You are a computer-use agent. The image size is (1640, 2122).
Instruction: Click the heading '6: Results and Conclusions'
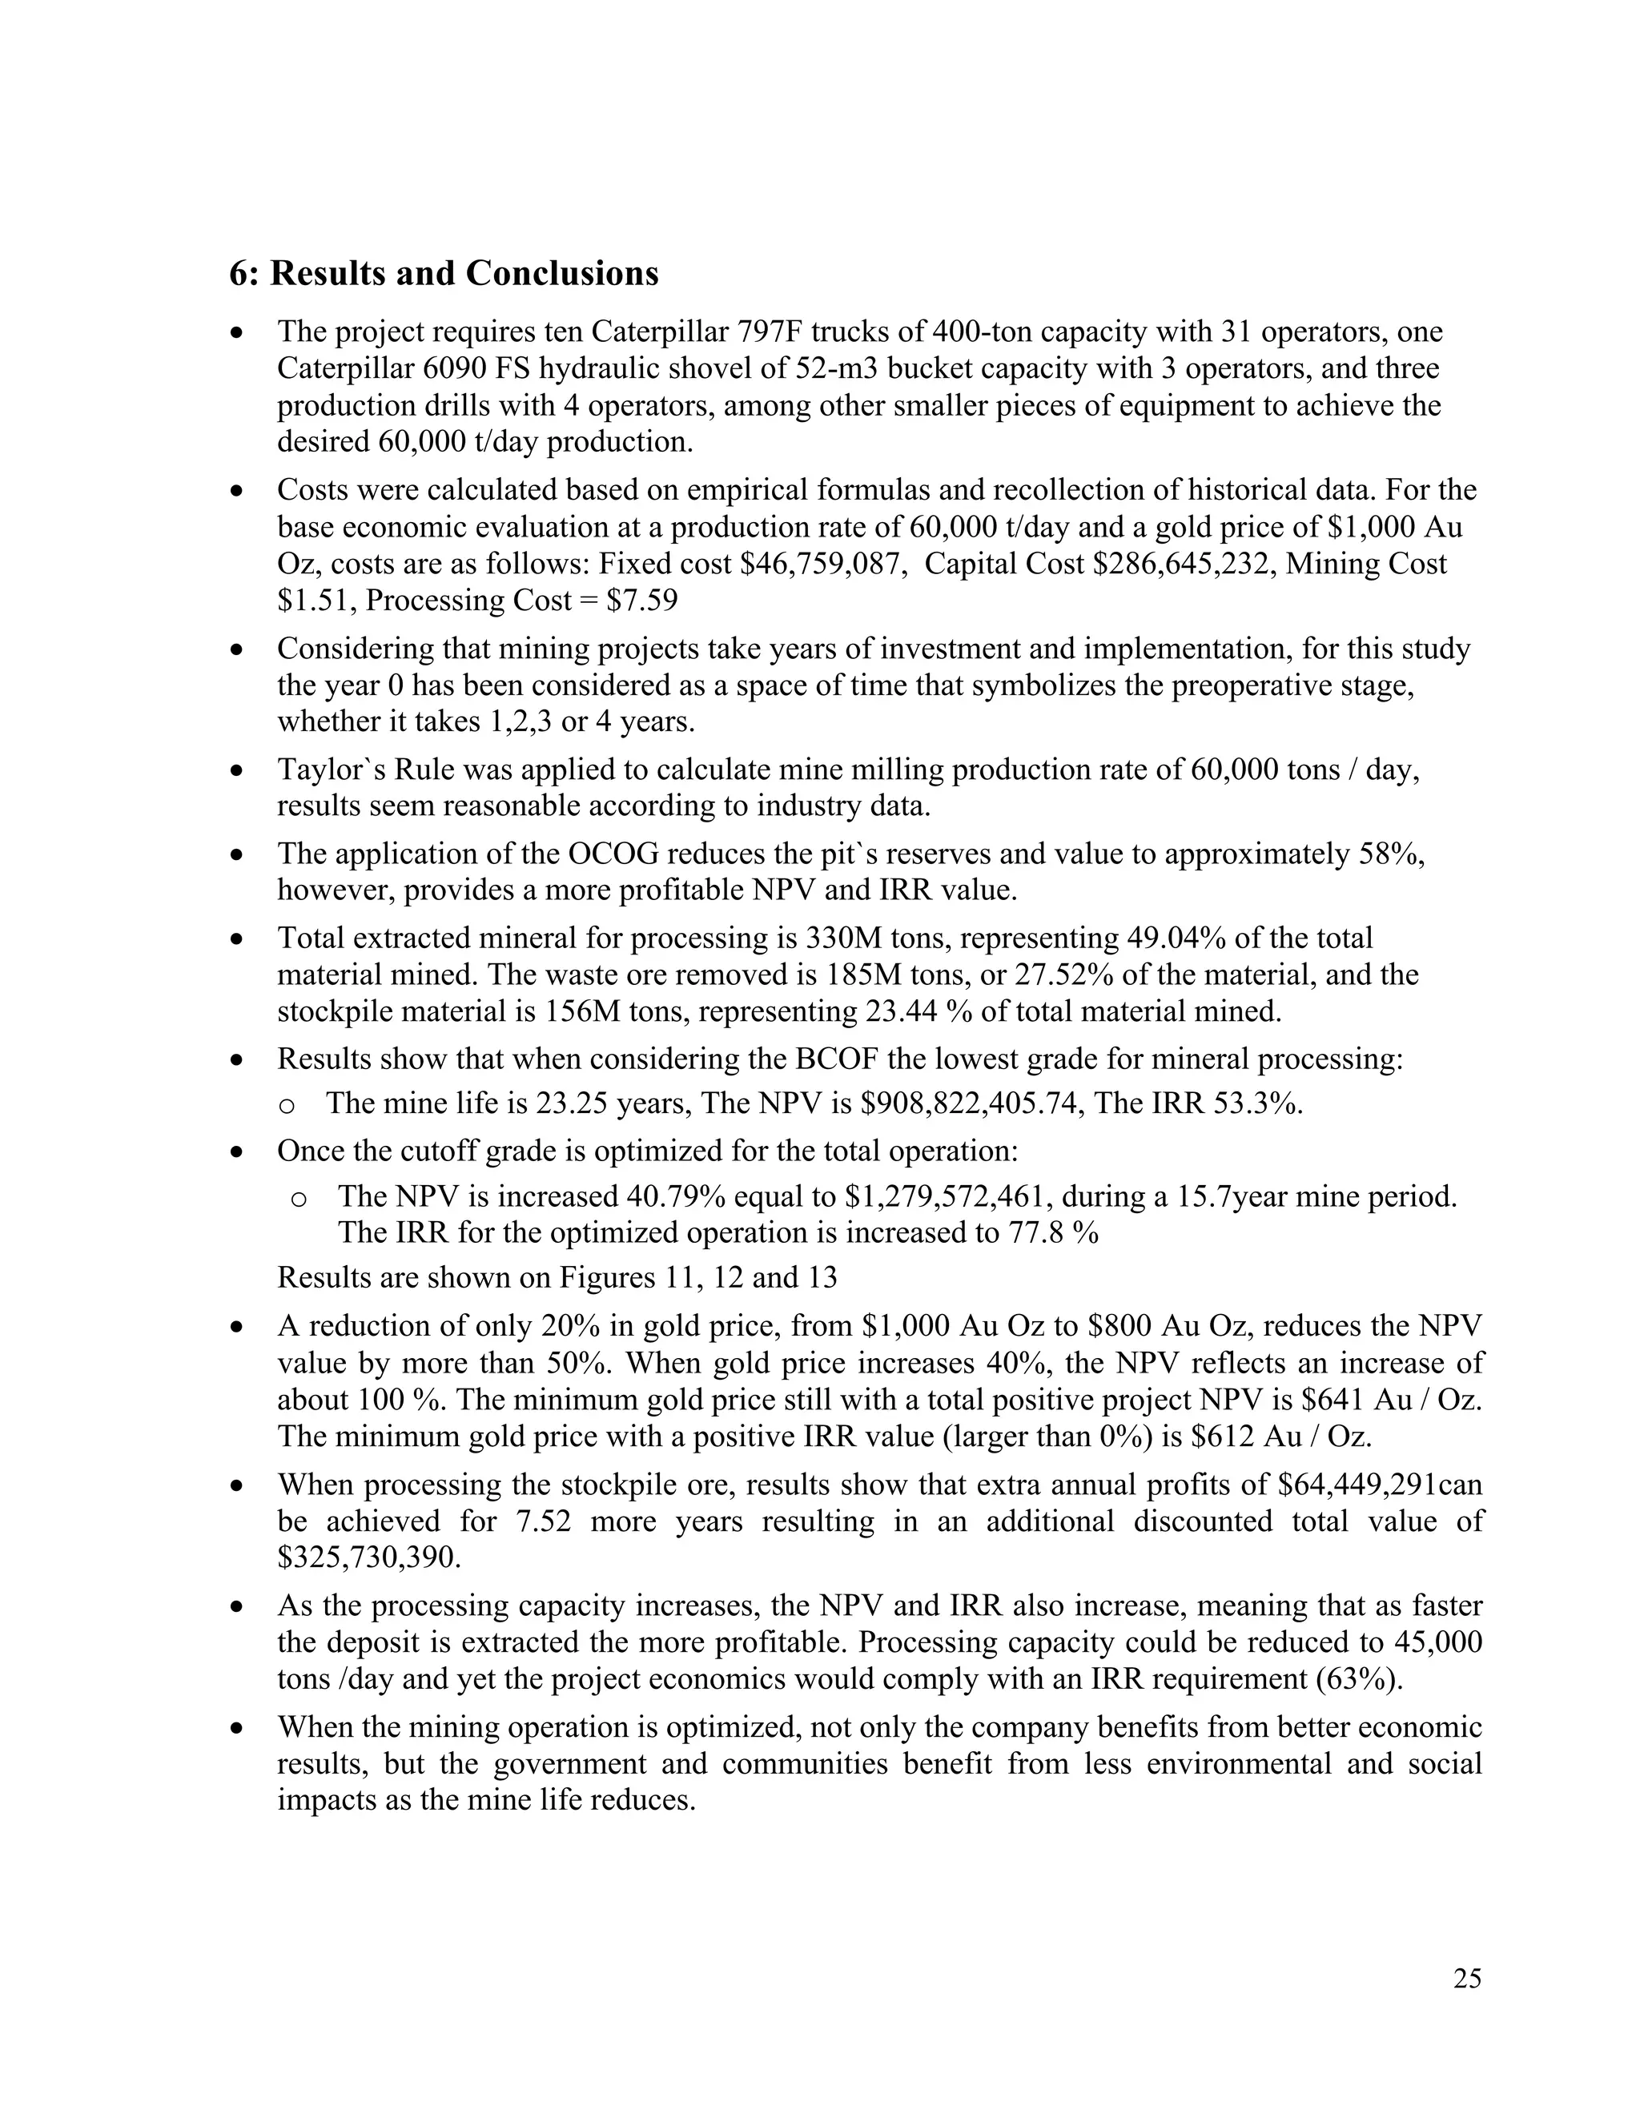[x=443, y=274]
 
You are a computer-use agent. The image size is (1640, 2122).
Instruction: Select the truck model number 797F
[x=770, y=332]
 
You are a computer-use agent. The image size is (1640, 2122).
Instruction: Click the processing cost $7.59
[x=641, y=601]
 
